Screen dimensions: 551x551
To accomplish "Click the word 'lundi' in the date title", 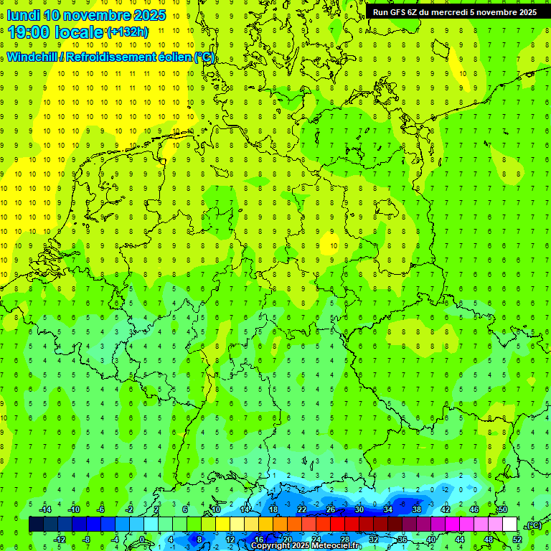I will click(x=23, y=15).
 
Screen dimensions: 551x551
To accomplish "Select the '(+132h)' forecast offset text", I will click(x=127, y=32).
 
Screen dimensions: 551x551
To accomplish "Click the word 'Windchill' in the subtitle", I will click(x=32, y=57).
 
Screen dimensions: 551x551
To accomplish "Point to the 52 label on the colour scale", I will click(x=517, y=539).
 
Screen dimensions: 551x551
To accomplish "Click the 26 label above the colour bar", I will click(x=331, y=509).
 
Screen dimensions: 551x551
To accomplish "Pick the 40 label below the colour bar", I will click(x=430, y=539).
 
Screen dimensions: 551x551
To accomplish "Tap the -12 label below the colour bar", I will click(x=60, y=539).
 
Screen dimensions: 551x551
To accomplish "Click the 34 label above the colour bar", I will click(x=388, y=509).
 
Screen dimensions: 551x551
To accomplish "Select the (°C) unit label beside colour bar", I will click(x=533, y=526).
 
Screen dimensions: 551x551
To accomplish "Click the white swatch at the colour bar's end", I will click(x=509, y=524).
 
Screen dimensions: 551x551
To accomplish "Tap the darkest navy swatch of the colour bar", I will click(x=36, y=524).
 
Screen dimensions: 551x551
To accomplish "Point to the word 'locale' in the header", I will click(x=82, y=32).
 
